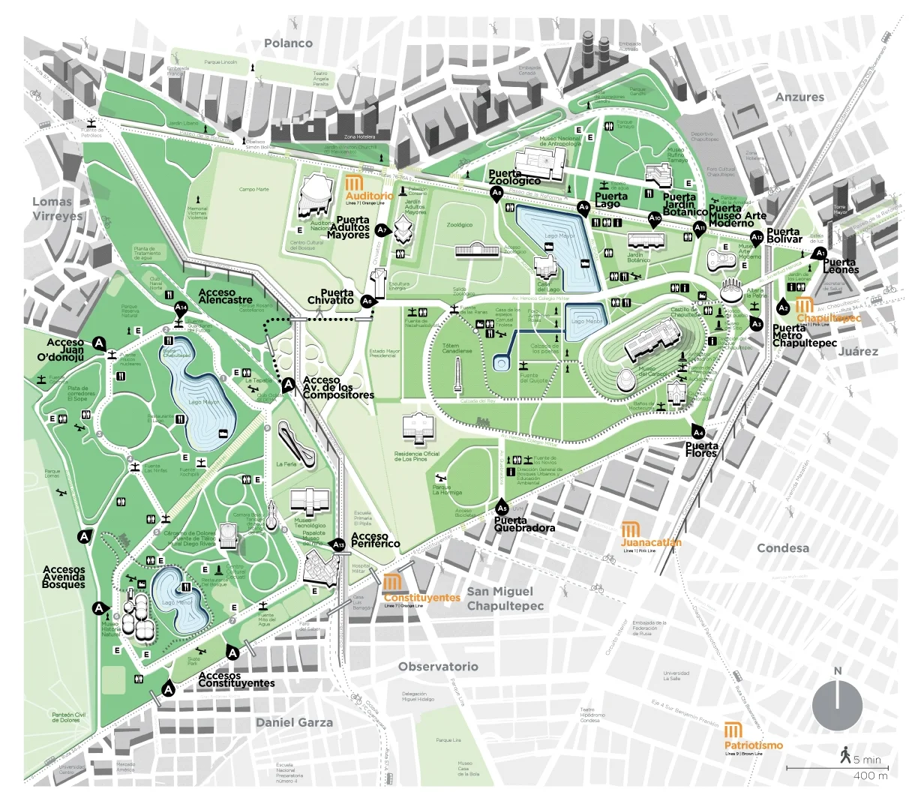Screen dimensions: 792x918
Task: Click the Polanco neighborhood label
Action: point(288,43)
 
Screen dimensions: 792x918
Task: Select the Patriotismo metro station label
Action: point(753,745)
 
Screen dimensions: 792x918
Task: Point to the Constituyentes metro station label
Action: point(421,598)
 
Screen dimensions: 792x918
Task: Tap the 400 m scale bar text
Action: point(870,775)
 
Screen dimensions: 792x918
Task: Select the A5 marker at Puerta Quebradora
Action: point(502,507)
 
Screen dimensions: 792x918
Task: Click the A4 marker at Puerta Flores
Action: point(697,432)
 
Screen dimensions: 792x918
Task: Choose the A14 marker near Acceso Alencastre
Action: point(181,307)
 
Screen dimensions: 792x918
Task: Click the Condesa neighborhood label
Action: point(782,548)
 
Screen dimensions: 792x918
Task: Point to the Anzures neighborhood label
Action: point(799,97)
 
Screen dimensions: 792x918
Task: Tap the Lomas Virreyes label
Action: point(57,208)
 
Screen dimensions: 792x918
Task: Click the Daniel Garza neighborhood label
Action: point(294,722)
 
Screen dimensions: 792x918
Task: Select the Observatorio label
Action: point(438,667)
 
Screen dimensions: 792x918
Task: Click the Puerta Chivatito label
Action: point(331,296)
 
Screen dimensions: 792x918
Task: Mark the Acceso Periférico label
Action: point(376,540)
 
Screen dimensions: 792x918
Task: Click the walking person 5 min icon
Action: point(846,754)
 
